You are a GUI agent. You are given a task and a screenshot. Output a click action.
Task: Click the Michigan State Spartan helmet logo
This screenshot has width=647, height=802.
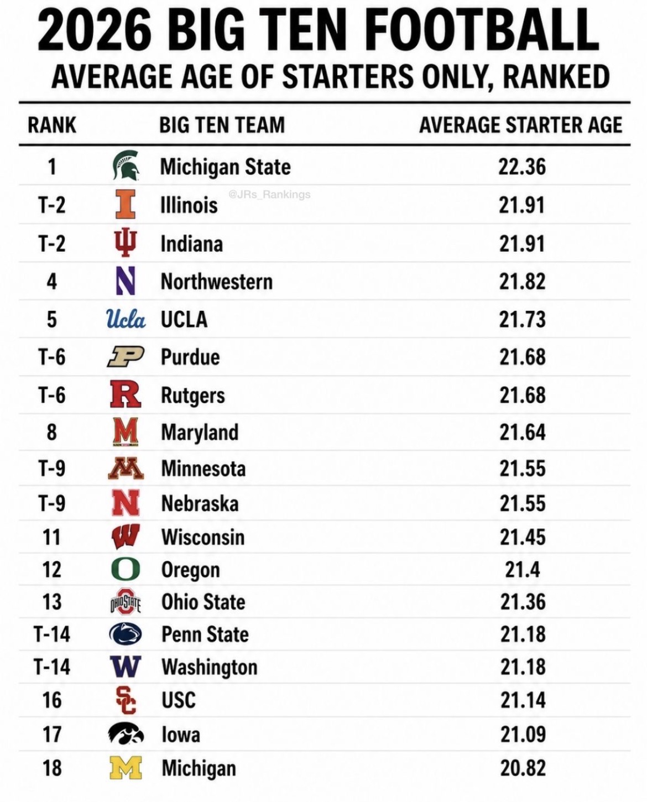(x=126, y=166)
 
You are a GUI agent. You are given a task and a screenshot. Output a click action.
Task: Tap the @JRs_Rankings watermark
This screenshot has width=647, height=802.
(x=269, y=195)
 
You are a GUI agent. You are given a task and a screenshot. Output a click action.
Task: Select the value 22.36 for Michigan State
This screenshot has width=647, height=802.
(x=522, y=166)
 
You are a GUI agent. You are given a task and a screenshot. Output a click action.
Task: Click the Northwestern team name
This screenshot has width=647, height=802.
(x=217, y=282)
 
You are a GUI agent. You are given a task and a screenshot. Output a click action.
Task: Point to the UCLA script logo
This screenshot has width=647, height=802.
(x=126, y=319)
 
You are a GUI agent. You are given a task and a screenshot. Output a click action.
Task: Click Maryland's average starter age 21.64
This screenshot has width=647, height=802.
(x=522, y=433)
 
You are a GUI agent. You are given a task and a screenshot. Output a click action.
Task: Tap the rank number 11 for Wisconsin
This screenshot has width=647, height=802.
(x=52, y=538)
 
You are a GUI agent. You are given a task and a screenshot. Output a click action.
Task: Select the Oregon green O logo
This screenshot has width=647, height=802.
(x=126, y=570)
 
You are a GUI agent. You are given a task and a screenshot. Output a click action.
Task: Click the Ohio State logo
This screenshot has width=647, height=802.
(x=126, y=602)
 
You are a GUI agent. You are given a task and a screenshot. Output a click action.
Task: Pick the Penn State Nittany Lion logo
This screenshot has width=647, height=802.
(x=126, y=634)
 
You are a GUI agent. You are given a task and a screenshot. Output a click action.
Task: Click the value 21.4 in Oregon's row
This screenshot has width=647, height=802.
(x=522, y=570)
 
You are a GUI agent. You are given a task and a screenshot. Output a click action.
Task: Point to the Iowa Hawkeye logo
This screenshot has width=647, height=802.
(x=126, y=734)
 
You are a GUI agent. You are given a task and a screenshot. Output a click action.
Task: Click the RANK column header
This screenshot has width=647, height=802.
(x=52, y=124)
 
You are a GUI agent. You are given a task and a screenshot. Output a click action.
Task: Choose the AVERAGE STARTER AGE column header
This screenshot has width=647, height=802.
(x=521, y=124)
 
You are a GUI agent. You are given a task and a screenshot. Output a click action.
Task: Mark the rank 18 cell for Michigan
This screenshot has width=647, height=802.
(x=52, y=768)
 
